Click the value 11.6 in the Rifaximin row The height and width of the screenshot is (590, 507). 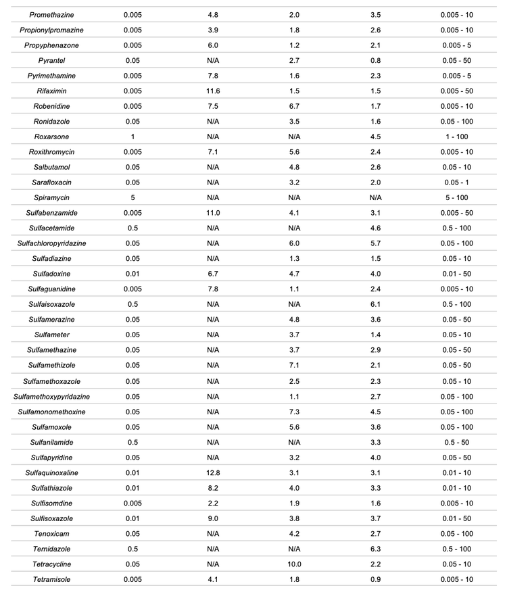pyautogui.click(x=213, y=91)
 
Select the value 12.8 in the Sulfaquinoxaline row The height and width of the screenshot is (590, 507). pyautogui.click(x=213, y=472)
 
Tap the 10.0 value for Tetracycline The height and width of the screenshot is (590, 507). pyautogui.click(x=294, y=564)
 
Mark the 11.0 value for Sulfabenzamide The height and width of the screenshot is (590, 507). pyautogui.click(x=213, y=213)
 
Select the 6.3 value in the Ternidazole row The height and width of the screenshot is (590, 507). pyautogui.click(x=376, y=549)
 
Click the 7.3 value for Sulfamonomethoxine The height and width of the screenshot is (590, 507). pyautogui.click(x=294, y=412)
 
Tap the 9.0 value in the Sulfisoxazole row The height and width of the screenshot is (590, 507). pyautogui.click(x=213, y=518)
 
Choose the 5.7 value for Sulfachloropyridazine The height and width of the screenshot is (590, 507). pyautogui.click(x=376, y=243)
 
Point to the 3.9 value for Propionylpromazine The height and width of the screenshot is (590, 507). pyautogui.click(x=213, y=30)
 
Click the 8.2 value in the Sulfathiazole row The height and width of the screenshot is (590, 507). pyautogui.click(x=213, y=487)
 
